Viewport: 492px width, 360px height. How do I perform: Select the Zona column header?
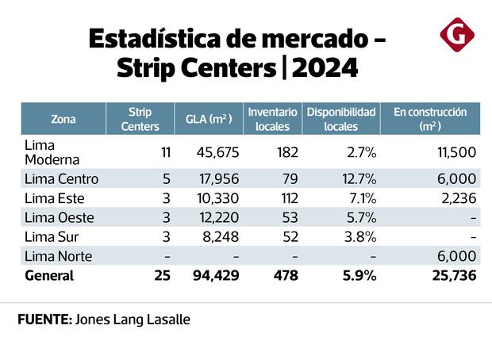click(63, 120)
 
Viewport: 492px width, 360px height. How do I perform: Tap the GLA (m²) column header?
click(209, 120)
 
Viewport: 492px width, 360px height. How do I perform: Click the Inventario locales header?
click(272, 119)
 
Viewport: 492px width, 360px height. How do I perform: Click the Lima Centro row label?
click(61, 179)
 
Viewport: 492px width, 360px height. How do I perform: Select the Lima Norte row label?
click(59, 256)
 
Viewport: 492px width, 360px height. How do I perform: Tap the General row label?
click(49, 276)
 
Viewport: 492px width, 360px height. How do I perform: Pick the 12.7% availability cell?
click(357, 179)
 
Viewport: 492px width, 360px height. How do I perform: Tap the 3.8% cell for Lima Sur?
click(359, 236)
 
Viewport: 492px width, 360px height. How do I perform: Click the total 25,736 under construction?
click(451, 276)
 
